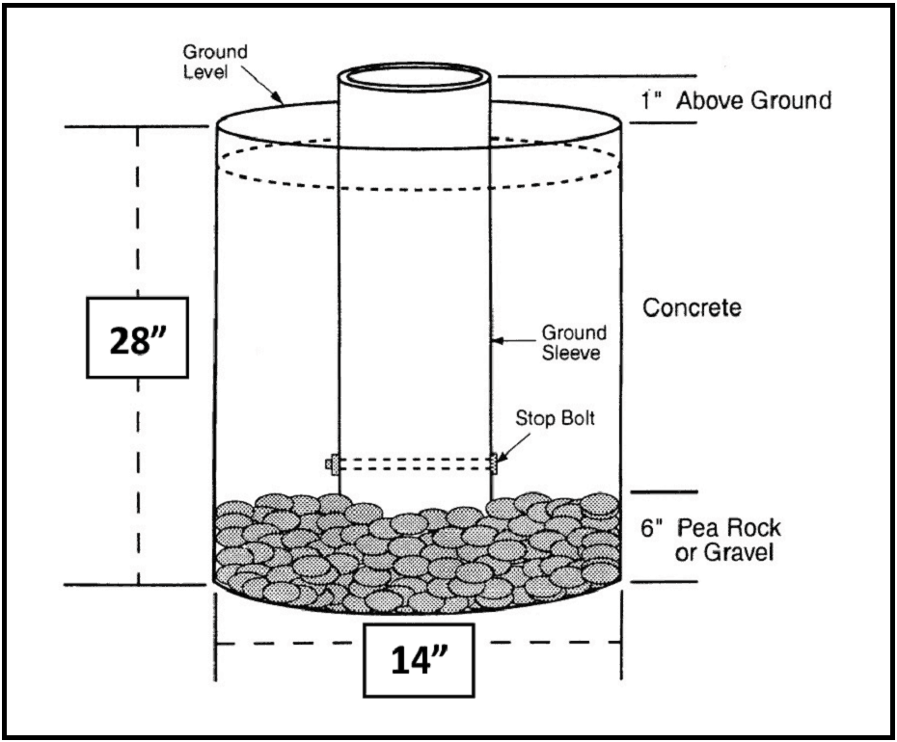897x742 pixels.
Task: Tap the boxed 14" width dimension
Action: tap(420, 661)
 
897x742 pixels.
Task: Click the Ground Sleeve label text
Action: tap(574, 342)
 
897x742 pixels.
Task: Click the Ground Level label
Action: tap(214, 60)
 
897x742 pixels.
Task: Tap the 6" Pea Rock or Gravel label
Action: tap(710, 542)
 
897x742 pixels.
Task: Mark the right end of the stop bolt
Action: tap(494, 464)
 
